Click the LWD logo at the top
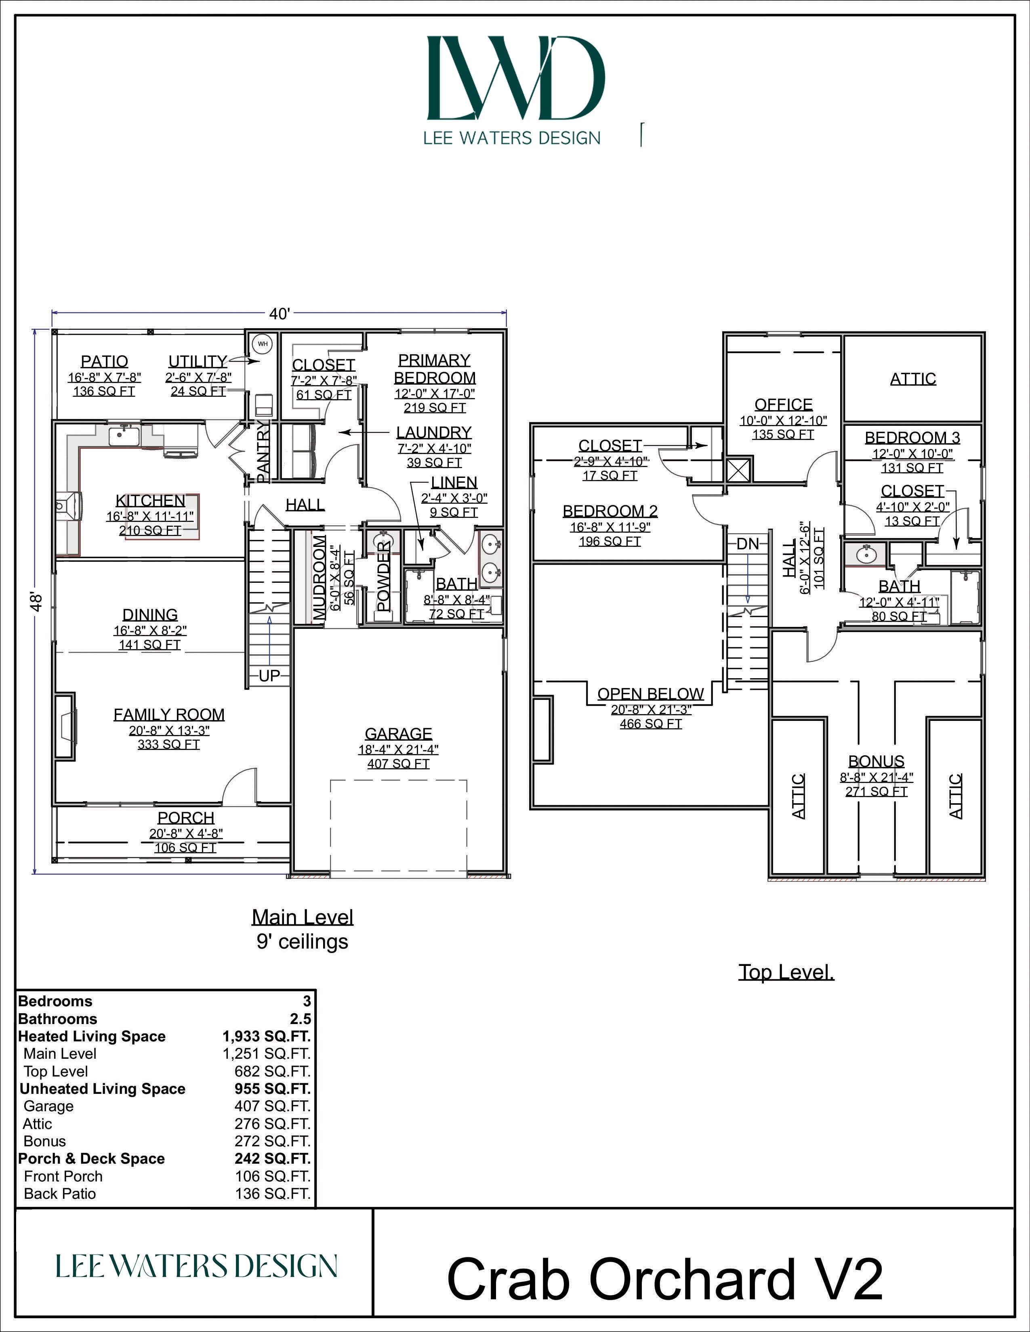tap(516, 78)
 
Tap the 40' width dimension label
tap(280, 314)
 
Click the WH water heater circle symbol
tap(263, 344)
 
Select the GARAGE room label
tap(398, 734)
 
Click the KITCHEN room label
tap(150, 501)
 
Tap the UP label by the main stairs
tap(269, 676)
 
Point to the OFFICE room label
tap(784, 404)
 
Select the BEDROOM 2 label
tap(610, 511)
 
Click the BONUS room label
tap(876, 761)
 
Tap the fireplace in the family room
tap(65, 726)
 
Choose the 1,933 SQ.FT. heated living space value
tap(266, 1036)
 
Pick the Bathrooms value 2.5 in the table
tap(301, 1018)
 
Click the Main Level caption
tap(303, 917)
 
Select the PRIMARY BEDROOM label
tap(435, 369)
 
